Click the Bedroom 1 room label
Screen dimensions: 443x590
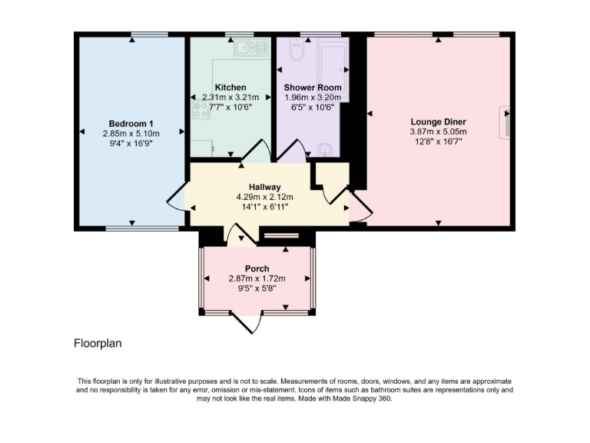pyautogui.click(x=131, y=123)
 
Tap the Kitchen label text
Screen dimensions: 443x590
pyautogui.click(x=230, y=87)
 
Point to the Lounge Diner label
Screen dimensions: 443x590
pyautogui.click(x=439, y=122)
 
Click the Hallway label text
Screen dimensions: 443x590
pyautogui.click(x=264, y=187)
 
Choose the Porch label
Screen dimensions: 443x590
pyautogui.click(x=257, y=268)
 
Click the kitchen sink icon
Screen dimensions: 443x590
pyautogui.click(x=248, y=48)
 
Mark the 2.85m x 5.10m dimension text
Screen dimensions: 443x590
pyautogui.click(x=131, y=133)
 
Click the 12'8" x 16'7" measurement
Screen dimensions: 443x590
pyautogui.click(x=439, y=142)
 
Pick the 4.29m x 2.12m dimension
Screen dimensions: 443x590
pyautogui.click(x=264, y=197)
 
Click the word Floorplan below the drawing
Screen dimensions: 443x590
pyautogui.click(x=98, y=344)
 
